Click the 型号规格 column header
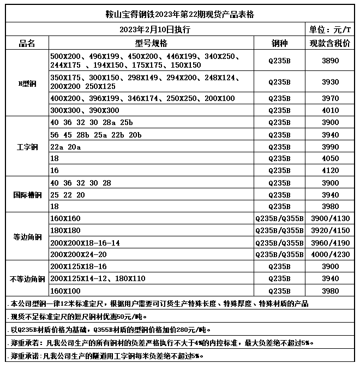[151, 43]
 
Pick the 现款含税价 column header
[329, 43]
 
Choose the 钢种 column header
[279, 43]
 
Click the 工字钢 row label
[27, 146]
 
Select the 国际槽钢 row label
[27, 195]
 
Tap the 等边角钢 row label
[27, 237]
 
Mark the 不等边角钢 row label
[27, 279]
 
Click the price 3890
[330, 61]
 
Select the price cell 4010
[330, 110]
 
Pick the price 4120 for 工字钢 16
[330, 170]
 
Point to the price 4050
[330, 158]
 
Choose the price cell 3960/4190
[330, 242]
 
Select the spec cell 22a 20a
[65, 146]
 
